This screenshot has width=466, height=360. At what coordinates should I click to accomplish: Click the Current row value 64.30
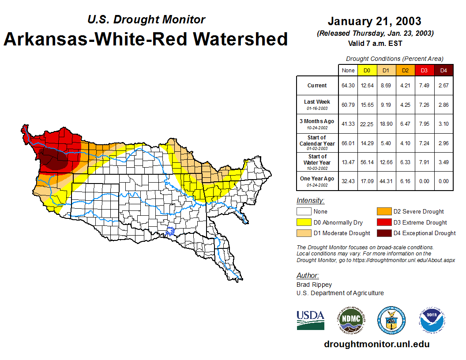pos(348,86)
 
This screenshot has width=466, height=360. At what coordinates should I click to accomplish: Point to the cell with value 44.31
pos(387,181)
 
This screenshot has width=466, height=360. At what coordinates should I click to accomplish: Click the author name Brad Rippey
pos(314,285)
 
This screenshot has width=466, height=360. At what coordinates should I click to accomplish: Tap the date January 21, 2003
pos(374,21)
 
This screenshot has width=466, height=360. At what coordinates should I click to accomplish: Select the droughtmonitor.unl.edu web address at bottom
pos(376,344)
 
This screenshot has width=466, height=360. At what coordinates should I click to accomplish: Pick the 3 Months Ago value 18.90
pos(387,124)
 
